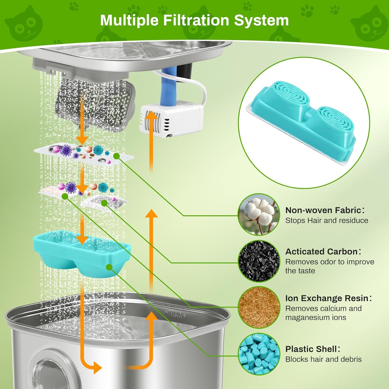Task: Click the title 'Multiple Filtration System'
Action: [x=194, y=20]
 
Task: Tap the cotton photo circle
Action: [x=259, y=214]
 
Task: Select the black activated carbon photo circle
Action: [x=259, y=261]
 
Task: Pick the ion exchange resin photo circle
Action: [x=259, y=307]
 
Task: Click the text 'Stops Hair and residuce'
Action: [x=327, y=220]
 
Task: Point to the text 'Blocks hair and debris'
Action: [x=323, y=359]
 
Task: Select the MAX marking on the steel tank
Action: [x=176, y=315]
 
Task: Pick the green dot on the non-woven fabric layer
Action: [x=116, y=156]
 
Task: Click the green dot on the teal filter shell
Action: [x=109, y=267]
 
